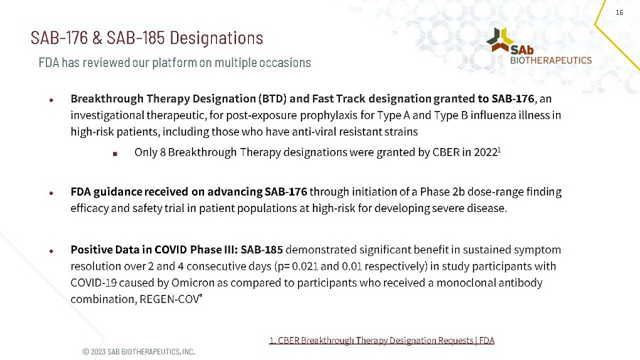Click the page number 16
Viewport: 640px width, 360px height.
pyautogui.click(x=619, y=13)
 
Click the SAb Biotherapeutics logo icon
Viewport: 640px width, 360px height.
pyautogui.click(x=501, y=41)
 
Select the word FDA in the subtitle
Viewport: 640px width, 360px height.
pyautogui.click(x=48, y=63)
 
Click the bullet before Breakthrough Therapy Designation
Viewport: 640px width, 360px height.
pyautogui.click(x=51, y=99)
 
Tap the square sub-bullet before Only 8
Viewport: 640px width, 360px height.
pyautogui.click(x=114, y=153)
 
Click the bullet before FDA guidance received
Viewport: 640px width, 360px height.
pyautogui.click(x=51, y=193)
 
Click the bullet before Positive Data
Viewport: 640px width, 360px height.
pyautogui.click(x=51, y=251)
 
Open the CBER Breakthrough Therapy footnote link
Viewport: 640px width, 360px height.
pyautogui.click(x=381, y=341)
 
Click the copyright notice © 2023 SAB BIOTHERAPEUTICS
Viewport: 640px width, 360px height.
pyautogui.click(x=138, y=351)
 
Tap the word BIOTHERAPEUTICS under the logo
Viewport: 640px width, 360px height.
pyautogui.click(x=551, y=60)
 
